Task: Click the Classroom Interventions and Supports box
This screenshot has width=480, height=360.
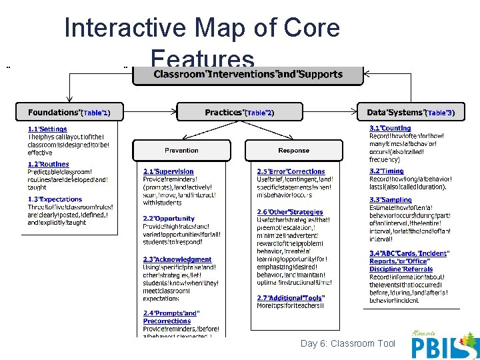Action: pos(248,74)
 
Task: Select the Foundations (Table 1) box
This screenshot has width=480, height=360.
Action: pos(69,112)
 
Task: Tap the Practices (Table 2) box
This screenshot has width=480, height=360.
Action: pos(239,112)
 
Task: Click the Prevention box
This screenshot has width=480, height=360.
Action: pos(181,150)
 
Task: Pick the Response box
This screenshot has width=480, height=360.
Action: pos(293,150)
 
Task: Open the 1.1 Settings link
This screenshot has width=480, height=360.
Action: pos(47,129)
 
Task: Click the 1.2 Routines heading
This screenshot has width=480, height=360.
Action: pos(48,164)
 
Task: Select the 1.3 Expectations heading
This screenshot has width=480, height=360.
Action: pos(55,199)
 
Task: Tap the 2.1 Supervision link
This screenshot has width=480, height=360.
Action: pos(169,171)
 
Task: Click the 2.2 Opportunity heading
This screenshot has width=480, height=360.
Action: pos(169,219)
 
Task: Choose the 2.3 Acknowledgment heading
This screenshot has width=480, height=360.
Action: pos(177,260)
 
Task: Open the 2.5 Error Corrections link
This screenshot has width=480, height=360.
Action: pos(291,171)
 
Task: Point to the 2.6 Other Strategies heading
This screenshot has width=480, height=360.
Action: pos(290,213)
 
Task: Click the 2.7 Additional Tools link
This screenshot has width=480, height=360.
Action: pos(291,297)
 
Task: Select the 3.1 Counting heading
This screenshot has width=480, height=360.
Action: pos(390,128)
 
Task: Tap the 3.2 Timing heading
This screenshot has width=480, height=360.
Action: pos(387,171)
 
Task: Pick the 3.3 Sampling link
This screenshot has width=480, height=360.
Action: pos(391,199)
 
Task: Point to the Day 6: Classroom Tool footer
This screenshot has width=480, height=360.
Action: pos(348,343)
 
